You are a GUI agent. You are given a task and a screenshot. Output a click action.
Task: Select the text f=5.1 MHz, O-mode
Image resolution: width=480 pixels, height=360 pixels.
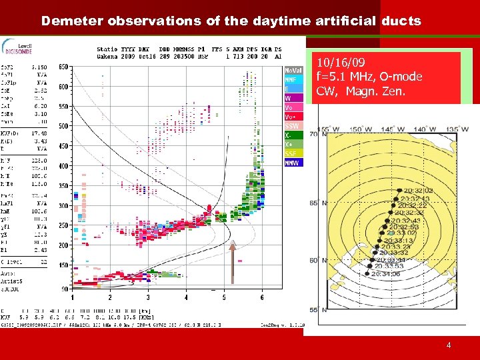point(369,77)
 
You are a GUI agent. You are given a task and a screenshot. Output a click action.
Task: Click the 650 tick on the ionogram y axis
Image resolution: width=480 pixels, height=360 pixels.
point(63,67)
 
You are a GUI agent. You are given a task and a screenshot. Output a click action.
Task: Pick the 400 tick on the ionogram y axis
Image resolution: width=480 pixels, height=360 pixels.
point(63,166)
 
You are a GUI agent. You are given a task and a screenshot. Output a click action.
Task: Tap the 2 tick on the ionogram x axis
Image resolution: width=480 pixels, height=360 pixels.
point(110,297)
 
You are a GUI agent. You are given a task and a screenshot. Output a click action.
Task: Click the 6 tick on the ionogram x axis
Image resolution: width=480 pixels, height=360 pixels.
point(262,297)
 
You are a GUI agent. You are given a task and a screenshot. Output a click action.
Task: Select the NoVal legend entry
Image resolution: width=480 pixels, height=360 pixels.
point(293,70)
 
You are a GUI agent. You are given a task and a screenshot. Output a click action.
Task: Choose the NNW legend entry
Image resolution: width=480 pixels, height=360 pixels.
point(293,162)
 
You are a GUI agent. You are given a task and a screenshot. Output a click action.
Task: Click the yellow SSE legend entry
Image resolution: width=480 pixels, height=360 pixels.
point(293,153)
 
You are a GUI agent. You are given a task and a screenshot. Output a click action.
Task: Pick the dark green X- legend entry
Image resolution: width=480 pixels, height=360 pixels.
point(293,135)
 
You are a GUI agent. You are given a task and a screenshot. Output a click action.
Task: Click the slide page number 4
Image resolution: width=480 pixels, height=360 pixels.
point(449,345)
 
